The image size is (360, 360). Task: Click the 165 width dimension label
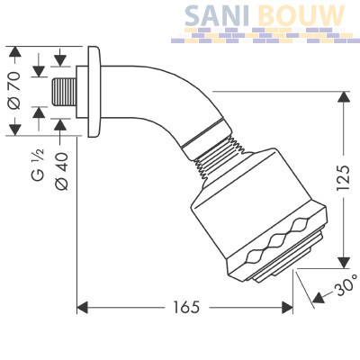point(186,307)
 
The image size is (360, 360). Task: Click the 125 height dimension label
point(343,177)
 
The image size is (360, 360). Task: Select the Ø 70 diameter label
point(14,91)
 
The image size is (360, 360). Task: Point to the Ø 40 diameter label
point(62,171)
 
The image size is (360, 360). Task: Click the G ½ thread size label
point(39,165)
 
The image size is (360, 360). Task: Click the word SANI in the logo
point(217,15)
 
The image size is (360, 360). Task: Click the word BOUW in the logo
point(301,15)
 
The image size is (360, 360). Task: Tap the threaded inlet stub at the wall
point(64,92)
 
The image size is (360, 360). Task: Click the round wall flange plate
point(95,92)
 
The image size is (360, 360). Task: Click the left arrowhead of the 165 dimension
point(83,308)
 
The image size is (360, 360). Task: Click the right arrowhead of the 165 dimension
point(287,308)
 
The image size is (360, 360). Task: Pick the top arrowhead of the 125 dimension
point(344,97)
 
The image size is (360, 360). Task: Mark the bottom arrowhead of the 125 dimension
point(344,263)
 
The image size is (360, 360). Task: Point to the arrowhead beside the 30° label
point(319,297)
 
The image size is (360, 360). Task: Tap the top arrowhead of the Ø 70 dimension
point(14,52)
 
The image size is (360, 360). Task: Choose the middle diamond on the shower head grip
point(276,241)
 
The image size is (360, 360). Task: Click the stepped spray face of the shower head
point(289,258)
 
